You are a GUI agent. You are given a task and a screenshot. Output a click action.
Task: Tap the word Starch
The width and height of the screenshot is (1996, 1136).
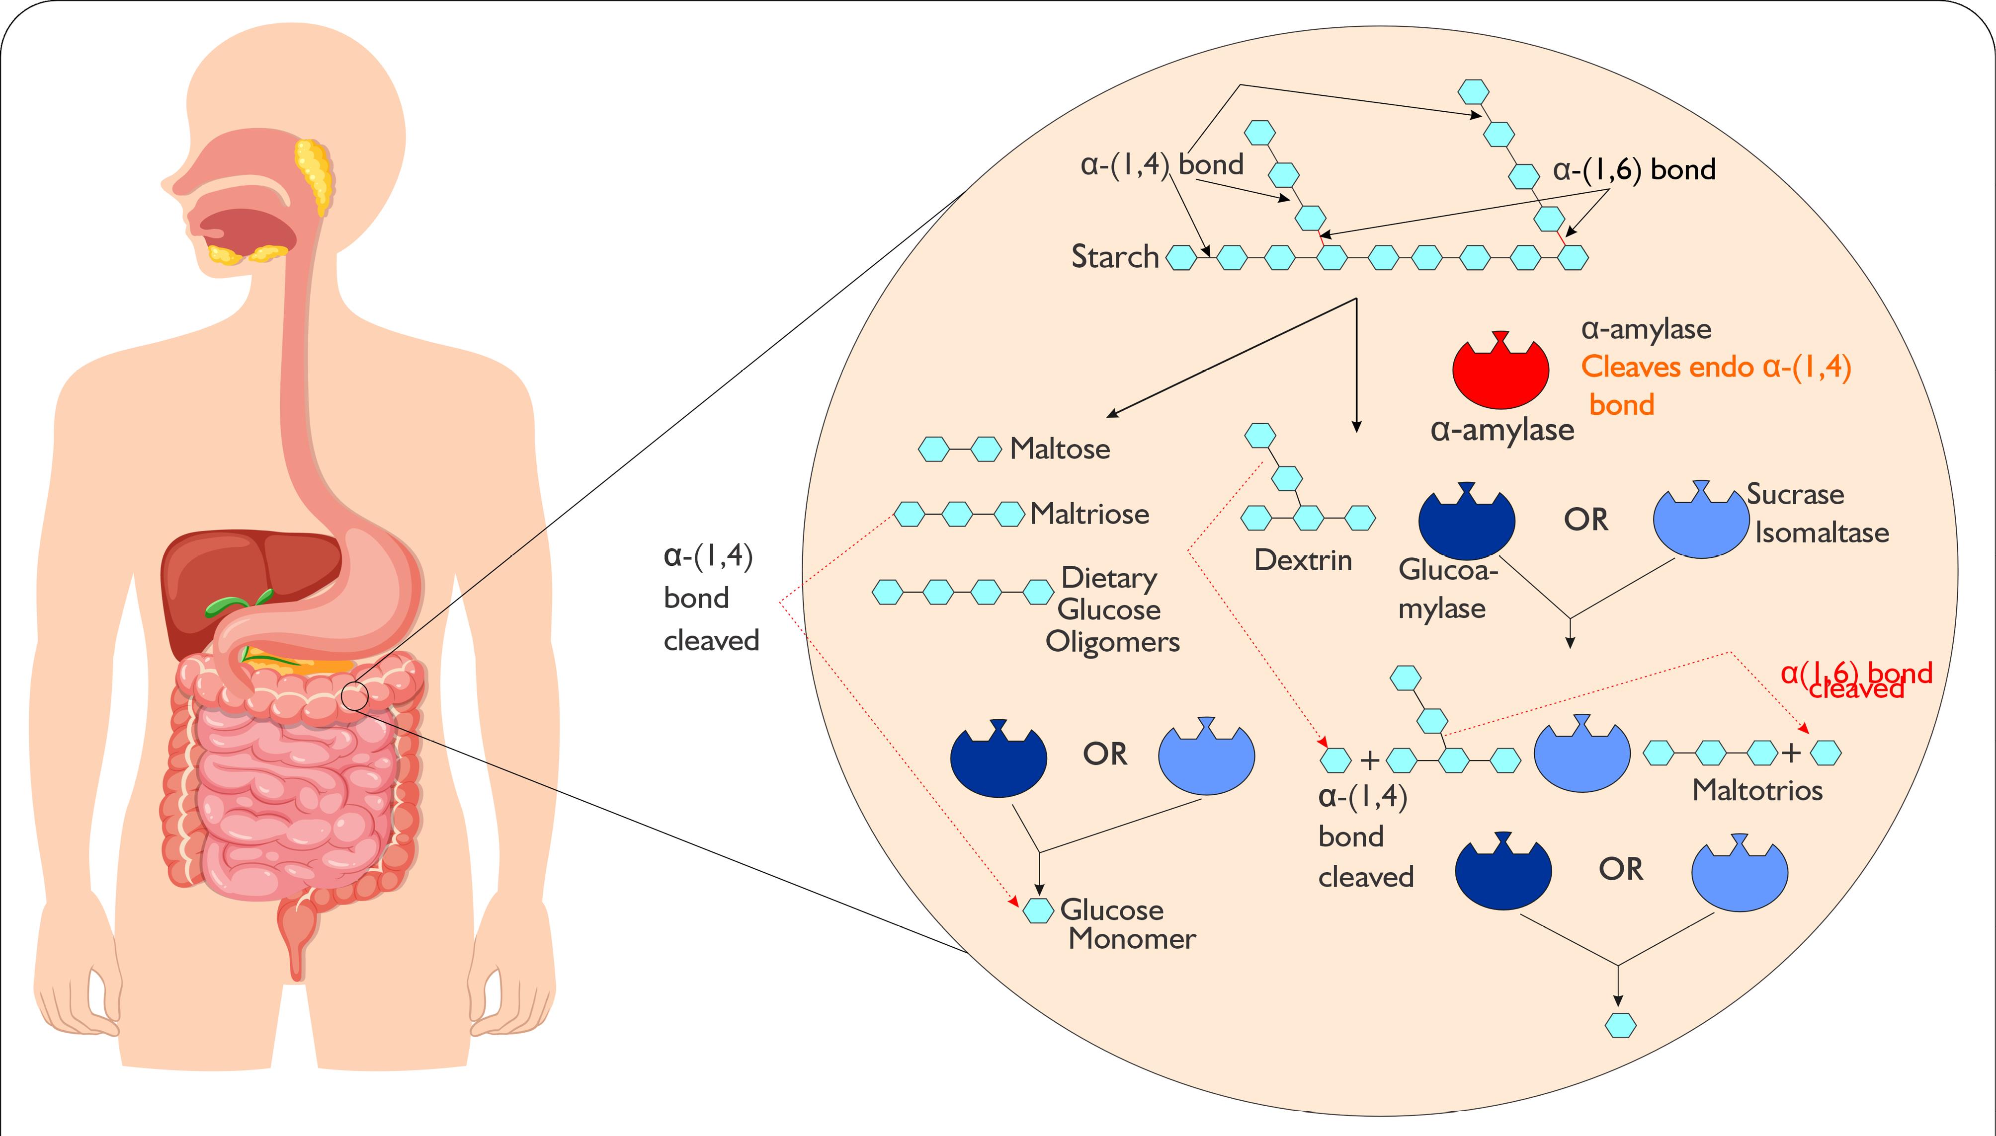[1115, 257]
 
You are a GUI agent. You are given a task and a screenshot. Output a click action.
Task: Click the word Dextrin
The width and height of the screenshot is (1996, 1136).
[1302, 560]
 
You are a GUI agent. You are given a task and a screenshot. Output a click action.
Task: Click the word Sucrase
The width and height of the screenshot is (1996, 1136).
[1795, 495]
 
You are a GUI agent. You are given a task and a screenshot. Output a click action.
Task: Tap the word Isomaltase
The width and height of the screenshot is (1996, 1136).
[1821, 533]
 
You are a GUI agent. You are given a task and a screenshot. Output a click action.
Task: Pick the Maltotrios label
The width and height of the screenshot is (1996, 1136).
[1756, 790]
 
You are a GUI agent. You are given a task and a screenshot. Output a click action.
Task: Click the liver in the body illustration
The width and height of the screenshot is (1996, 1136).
[234, 577]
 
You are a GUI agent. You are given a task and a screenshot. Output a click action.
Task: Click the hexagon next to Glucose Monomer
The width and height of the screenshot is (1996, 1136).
[1038, 910]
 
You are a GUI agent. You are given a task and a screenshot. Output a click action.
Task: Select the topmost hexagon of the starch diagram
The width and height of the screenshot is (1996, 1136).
[1473, 91]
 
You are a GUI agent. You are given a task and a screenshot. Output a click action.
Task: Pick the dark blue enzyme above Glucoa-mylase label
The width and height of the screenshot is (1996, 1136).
[1466, 523]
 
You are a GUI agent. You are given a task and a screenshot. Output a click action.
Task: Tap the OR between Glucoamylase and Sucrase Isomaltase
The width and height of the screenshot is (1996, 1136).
[1585, 520]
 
